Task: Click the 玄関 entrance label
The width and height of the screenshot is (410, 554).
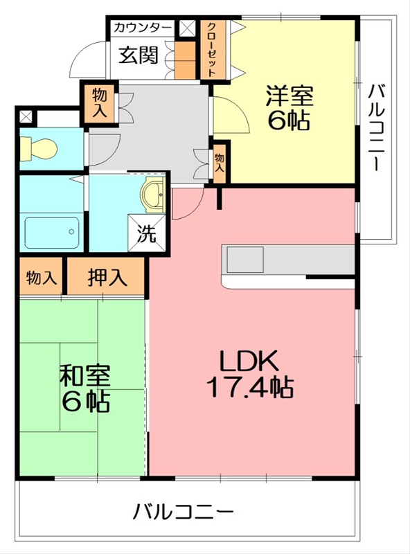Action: coord(137,55)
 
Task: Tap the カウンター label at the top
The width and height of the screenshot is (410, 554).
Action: coord(142,28)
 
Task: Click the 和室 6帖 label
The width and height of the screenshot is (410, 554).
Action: coord(84,388)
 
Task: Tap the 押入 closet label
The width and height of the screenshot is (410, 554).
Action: coord(107,277)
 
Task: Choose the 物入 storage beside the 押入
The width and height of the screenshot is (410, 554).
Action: coord(41,278)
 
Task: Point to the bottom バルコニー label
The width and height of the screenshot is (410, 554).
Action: coord(183,513)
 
